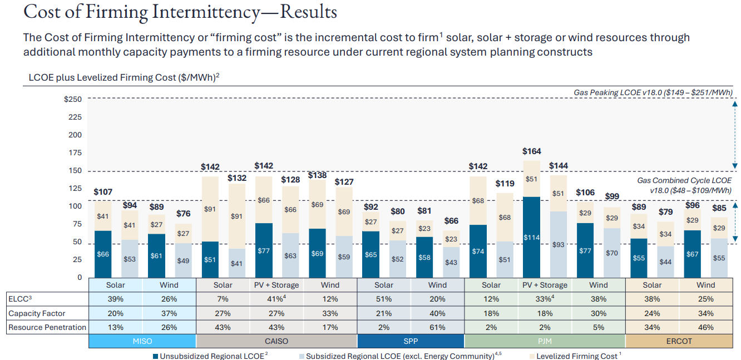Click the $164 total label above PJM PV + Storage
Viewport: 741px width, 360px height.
pos(532,151)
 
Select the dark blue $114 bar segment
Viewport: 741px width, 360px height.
pos(532,237)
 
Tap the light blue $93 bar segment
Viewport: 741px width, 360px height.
pos(558,244)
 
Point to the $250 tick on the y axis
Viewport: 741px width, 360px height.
pos(73,100)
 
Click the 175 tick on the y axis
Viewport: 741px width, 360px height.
pos(75,153)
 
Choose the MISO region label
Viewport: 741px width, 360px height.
pos(142,341)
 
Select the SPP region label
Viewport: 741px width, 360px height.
pos(410,341)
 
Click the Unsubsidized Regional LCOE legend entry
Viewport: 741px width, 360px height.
pos(212,356)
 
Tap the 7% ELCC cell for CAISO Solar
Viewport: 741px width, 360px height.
pos(223,299)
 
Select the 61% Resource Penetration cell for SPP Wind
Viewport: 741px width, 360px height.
pos(437,327)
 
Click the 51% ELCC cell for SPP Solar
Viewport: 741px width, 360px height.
pos(383,299)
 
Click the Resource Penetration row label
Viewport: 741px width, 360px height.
pos(47,327)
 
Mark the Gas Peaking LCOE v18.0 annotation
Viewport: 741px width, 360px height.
pos(653,92)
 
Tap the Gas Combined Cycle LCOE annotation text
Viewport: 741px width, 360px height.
pos(684,185)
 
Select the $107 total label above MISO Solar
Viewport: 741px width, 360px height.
pos(103,192)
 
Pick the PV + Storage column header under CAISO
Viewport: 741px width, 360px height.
pos(276,285)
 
